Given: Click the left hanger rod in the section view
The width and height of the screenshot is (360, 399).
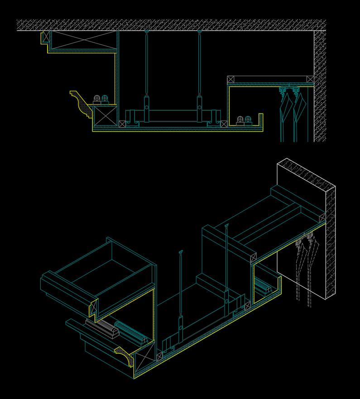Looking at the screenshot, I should (x=147, y=63).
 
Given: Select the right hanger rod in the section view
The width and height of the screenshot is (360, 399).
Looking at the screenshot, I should (x=199, y=63).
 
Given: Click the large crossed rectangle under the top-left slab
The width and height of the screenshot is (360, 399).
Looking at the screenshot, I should (x=84, y=40).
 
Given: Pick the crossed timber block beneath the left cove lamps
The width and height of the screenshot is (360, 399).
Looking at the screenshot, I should (x=106, y=116).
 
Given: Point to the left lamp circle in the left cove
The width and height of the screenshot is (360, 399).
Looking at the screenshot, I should (x=97, y=98).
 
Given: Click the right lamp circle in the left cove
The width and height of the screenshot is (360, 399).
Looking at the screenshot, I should (x=105, y=98).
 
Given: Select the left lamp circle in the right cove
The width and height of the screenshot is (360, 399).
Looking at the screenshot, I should (x=240, y=119).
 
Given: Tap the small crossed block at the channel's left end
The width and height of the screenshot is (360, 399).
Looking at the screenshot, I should (x=122, y=124).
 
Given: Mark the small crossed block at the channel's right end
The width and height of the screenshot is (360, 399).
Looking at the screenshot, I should (x=224, y=124).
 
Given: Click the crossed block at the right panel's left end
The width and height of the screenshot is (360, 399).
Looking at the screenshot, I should (x=231, y=80).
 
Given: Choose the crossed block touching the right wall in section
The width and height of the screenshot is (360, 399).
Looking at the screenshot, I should (x=310, y=80).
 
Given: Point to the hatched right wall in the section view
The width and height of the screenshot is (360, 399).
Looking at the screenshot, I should (x=320, y=86).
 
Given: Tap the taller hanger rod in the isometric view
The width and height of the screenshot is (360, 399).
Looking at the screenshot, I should (x=226, y=258).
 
